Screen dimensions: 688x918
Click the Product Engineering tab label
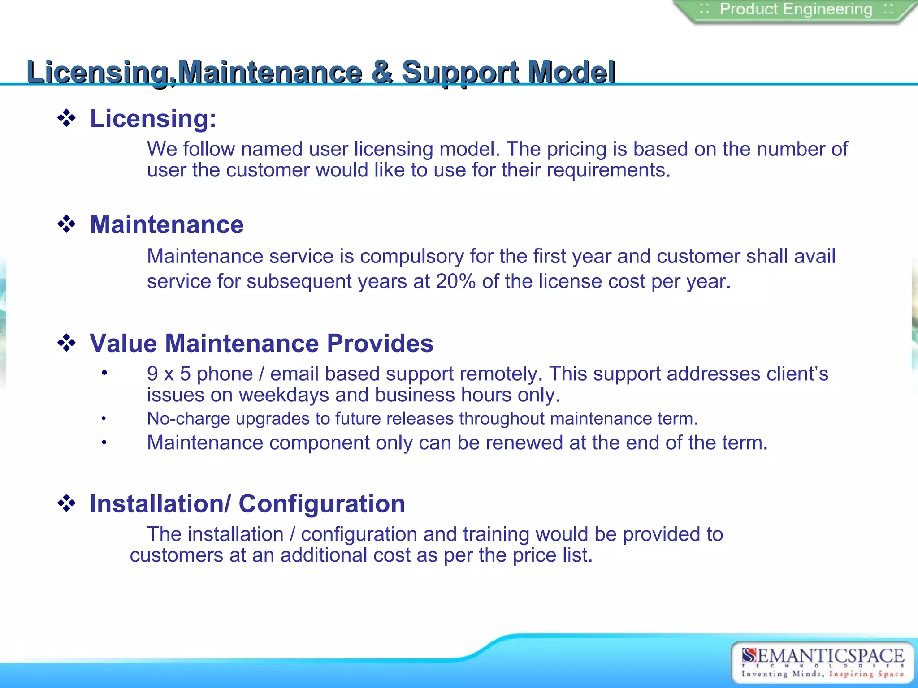(x=796, y=9)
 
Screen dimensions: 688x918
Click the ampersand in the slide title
(x=382, y=72)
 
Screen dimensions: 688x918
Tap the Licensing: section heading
(x=153, y=119)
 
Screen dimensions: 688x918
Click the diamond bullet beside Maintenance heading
(x=67, y=224)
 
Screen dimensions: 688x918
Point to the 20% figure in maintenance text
(x=455, y=282)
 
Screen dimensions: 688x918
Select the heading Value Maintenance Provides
(x=261, y=344)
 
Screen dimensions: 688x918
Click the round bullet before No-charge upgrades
(x=104, y=419)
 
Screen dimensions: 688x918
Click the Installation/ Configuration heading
(x=247, y=504)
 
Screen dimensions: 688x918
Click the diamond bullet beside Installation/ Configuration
(x=67, y=503)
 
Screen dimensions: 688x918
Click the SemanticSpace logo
(x=822, y=657)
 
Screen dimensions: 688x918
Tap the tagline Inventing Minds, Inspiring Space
(x=822, y=674)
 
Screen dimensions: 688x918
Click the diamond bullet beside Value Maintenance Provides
(x=67, y=344)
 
